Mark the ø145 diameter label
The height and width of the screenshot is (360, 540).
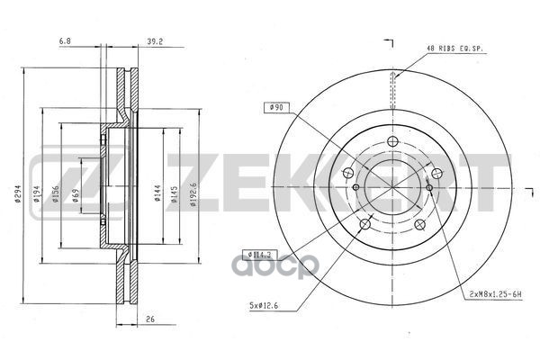pos(177,193)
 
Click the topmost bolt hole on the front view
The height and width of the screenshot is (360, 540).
pos(392,141)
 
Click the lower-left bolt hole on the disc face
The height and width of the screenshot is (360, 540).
pos(363,223)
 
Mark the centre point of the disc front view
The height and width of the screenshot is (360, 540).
pos(392,187)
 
